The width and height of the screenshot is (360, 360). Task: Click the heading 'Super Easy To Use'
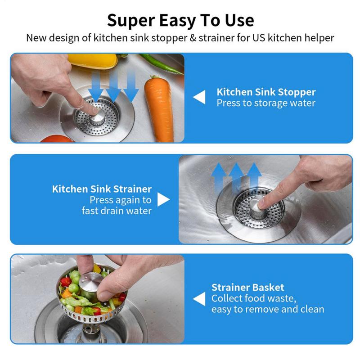(x=180, y=20)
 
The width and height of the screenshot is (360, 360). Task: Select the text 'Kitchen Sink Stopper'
(x=266, y=92)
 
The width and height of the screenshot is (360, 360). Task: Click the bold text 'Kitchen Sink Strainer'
(x=102, y=189)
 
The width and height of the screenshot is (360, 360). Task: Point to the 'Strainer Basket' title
(x=247, y=287)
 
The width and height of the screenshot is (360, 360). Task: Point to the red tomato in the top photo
(x=57, y=139)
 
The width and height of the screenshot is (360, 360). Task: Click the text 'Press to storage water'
(x=266, y=103)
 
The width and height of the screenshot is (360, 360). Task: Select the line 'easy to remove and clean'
(x=268, y=309)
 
